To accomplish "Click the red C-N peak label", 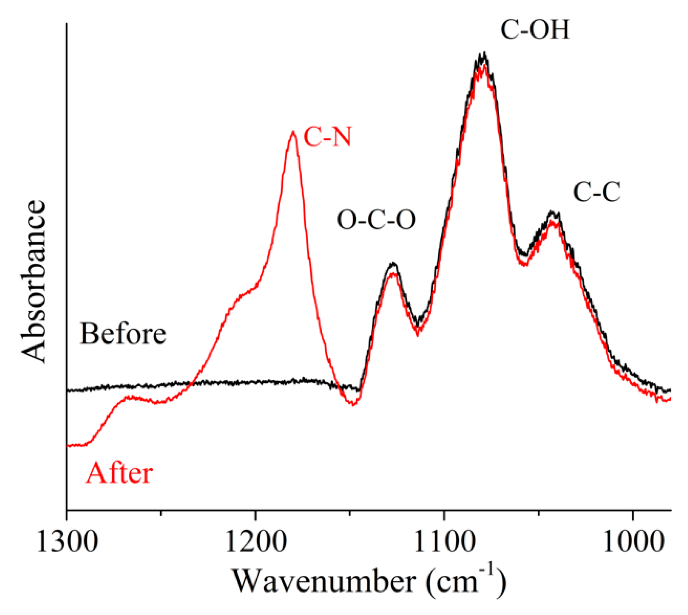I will (327, 137).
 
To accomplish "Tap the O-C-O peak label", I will (376, 220).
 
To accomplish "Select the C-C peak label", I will (597, 192).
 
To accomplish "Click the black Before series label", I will (123, 334).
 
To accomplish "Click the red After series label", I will (119, 473).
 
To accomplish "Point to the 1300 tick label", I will (67, 542).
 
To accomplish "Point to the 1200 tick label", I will (256, 542).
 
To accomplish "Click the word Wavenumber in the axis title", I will (324, 582).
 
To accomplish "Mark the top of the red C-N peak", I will (293, 132).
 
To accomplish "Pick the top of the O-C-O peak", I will (393, 264).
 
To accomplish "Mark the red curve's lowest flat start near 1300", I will (77, 445).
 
